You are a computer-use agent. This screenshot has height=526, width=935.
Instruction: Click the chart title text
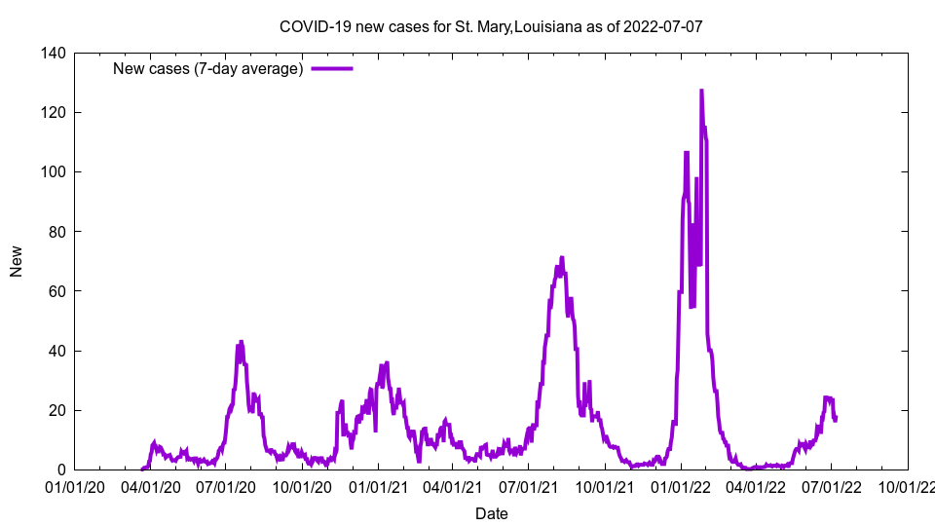tap(491, 26)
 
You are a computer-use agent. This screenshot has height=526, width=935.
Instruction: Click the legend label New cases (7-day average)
tap(208, 68)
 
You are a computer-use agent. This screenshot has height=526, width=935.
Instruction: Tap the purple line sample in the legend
tap(332, 68)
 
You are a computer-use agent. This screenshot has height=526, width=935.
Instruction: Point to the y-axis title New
tap(17, 261)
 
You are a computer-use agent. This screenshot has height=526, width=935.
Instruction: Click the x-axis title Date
tap(491, 513)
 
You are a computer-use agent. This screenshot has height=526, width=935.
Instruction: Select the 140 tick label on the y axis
tap(55, 54)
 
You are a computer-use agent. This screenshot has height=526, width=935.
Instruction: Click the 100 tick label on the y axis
tap(55, 172)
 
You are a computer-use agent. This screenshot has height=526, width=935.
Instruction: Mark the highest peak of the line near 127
tap(701, 92)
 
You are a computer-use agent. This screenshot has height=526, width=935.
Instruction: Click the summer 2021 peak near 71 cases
tap(561, 258)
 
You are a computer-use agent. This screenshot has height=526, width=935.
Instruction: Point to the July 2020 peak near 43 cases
tap(242, 342)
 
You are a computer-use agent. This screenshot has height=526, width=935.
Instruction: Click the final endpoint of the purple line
tap(836, 418)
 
